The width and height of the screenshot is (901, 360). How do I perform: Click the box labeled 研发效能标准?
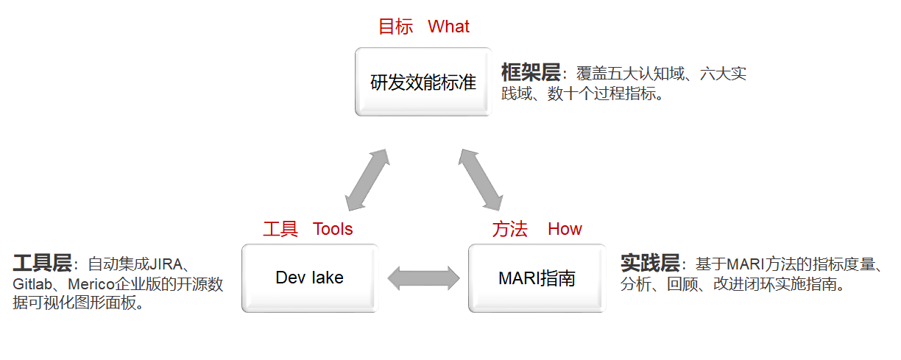point(423,82)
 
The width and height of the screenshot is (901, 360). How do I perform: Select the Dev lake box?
point(309,278)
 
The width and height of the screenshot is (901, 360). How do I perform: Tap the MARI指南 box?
point(537,278)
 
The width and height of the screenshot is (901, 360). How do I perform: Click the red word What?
point(448,27)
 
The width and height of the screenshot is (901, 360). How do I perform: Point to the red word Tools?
point(333,229)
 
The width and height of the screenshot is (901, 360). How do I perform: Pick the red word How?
point(565,229)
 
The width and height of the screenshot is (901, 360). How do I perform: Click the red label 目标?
point(395,27)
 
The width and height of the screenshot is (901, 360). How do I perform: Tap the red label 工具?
point(280,229)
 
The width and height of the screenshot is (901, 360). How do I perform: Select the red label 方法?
point(510,229)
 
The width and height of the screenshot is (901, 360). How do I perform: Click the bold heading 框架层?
point(530,72)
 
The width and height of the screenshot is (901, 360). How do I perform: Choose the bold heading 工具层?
point(42,263)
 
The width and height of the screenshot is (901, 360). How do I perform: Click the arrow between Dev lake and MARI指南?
point(423,278)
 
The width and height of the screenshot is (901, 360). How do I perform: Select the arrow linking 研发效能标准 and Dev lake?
point(367,179)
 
